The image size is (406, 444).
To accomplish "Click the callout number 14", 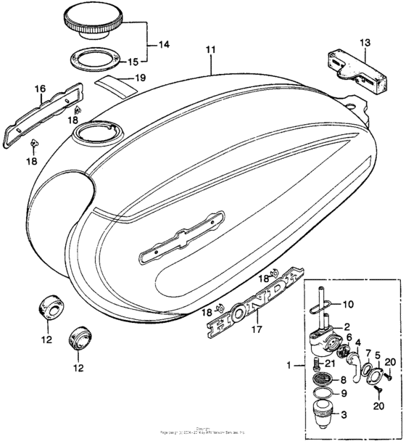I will pos(164,45).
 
